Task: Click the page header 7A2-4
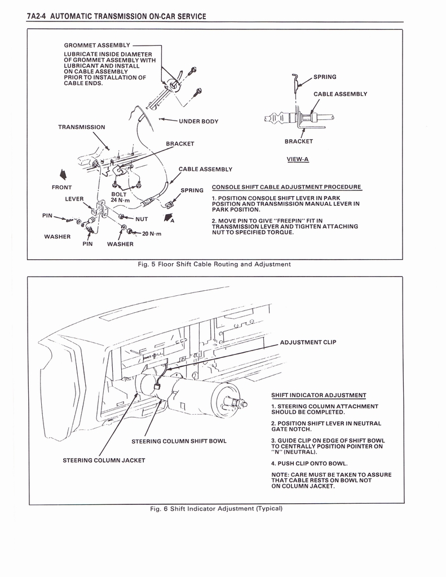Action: point(37,16)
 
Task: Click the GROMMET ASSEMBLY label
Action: point(96,45)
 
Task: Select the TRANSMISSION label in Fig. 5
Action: point(81,127)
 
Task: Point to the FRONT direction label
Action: point(61,187)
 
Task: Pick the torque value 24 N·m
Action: point(121,200)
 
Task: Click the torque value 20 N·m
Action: point(152,233)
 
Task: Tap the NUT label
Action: point(142,219)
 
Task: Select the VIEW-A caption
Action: point(297,159)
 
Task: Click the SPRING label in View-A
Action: point(324,77)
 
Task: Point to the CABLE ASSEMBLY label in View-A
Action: point(340,94)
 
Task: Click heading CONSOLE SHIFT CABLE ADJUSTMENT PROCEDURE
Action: point(286,187)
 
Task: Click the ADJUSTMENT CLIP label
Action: point(308,342)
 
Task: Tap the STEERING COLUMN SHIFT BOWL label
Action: point(179,441)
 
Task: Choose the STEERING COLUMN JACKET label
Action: point(103,460)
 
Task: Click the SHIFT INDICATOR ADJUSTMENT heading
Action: point(319,395)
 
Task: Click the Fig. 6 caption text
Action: point(216,508)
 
